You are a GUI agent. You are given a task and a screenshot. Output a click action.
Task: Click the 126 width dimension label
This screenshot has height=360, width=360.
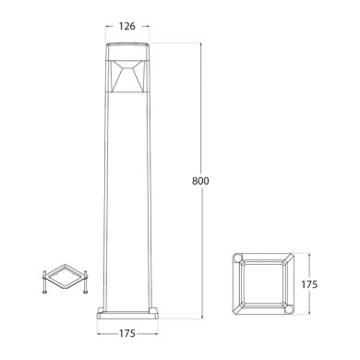[x=127, y=27]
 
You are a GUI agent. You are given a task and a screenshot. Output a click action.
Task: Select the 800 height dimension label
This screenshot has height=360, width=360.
[x=200, y=181]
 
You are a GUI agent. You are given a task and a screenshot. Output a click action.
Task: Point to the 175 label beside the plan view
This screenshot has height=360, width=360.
[x=309, y=284]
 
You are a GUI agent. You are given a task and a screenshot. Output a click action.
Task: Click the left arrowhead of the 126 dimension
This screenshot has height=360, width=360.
[x=108, y=27]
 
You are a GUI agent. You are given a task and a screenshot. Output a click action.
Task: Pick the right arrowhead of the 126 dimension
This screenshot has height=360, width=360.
[x=148, y=27]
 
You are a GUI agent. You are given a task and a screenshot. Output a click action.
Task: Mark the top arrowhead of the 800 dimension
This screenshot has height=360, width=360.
[x=201, y=45]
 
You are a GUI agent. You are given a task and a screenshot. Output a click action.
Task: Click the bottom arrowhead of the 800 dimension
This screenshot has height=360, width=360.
[x=201, y=316]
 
